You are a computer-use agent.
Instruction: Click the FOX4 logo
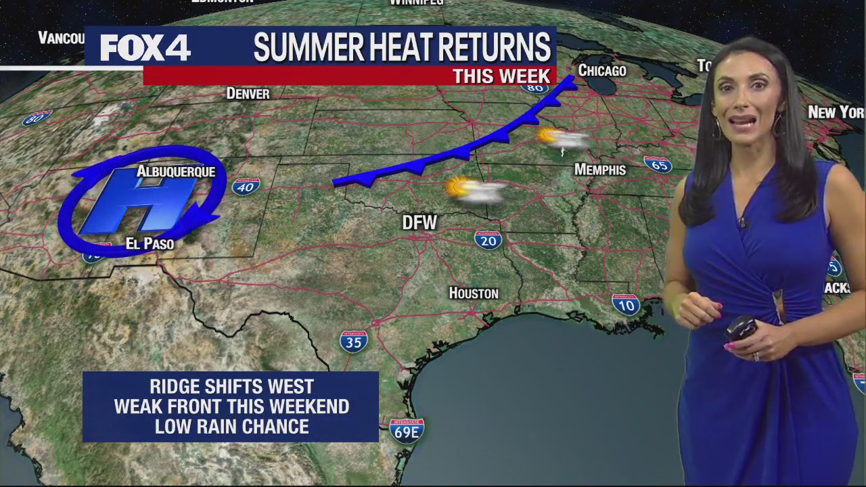[x=145, y=47]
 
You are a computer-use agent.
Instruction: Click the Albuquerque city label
[x=176, y=172]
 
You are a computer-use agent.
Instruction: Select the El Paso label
[x=150, y=243]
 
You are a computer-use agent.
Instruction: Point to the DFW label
[x=419, y=222]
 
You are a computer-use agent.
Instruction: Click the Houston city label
[x=474, y=294]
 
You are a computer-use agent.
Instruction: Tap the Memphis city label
[x=600, y=170]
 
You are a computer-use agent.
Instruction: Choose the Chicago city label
[x=602, y=70]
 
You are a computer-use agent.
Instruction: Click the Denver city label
[x=248, y=94]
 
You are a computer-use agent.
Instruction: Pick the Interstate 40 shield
[x=245, y=185]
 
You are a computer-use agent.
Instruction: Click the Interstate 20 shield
[x=488, y=239]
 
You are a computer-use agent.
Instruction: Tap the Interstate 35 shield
[x=354, y=342]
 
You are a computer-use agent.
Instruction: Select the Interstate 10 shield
[x=626, y=304]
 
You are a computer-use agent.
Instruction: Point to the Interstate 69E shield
[x=407, y=431]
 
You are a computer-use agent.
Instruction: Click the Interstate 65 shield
[x=657, y=164]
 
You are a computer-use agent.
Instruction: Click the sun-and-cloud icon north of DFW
[x=476, y=189]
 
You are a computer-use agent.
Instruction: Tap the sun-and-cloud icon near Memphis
[x=562, y=138]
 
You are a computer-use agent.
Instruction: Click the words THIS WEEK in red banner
[x=501, y=76]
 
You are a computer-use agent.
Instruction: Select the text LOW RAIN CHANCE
[x=231, y=426]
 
